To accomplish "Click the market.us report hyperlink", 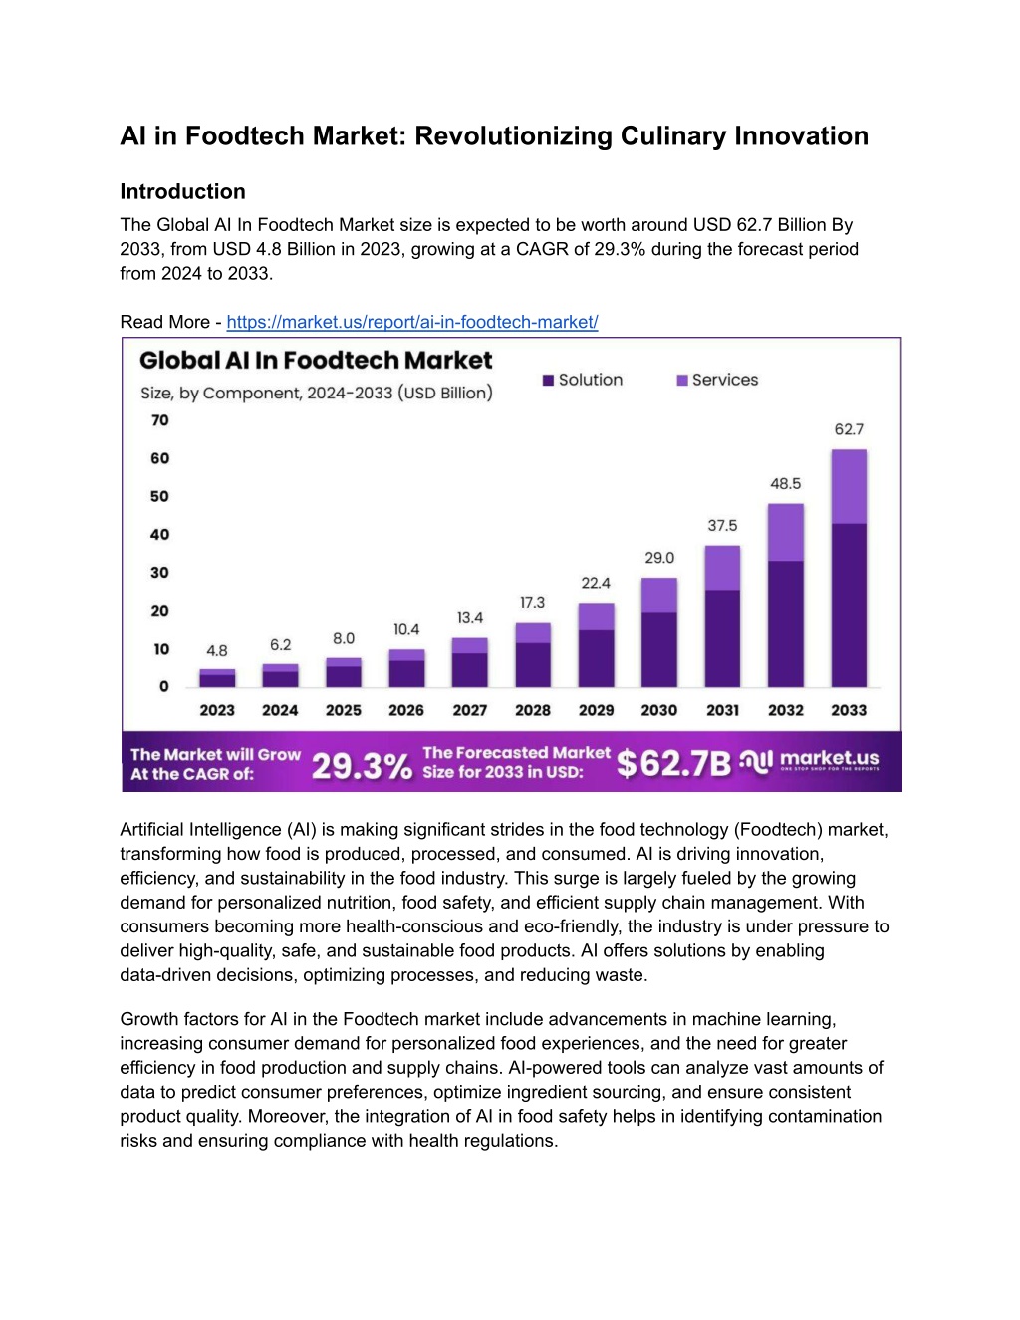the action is click(412, 322).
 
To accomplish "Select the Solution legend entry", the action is click(583, 380).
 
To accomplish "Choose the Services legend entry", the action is click(717, 380).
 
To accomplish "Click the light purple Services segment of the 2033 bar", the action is click(849, 486).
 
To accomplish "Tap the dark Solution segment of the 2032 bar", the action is click(786, 624).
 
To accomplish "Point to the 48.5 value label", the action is click(786, 483).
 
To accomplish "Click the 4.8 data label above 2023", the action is click(217, 650).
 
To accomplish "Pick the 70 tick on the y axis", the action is click(159, 420).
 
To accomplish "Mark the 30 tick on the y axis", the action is click(159, 572).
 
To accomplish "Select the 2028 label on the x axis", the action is click(533, 710).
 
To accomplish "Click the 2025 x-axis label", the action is click(344, 710).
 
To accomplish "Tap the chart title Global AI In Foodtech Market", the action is click(316, 361).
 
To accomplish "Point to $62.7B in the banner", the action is click(674, 763).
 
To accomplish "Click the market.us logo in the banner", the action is click(809, 760).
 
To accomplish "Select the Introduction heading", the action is click(182, 191).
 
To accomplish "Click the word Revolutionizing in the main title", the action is click(514, 136).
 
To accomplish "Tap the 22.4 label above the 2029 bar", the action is click(596, 583).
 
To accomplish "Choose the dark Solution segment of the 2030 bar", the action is click(659, 650).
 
